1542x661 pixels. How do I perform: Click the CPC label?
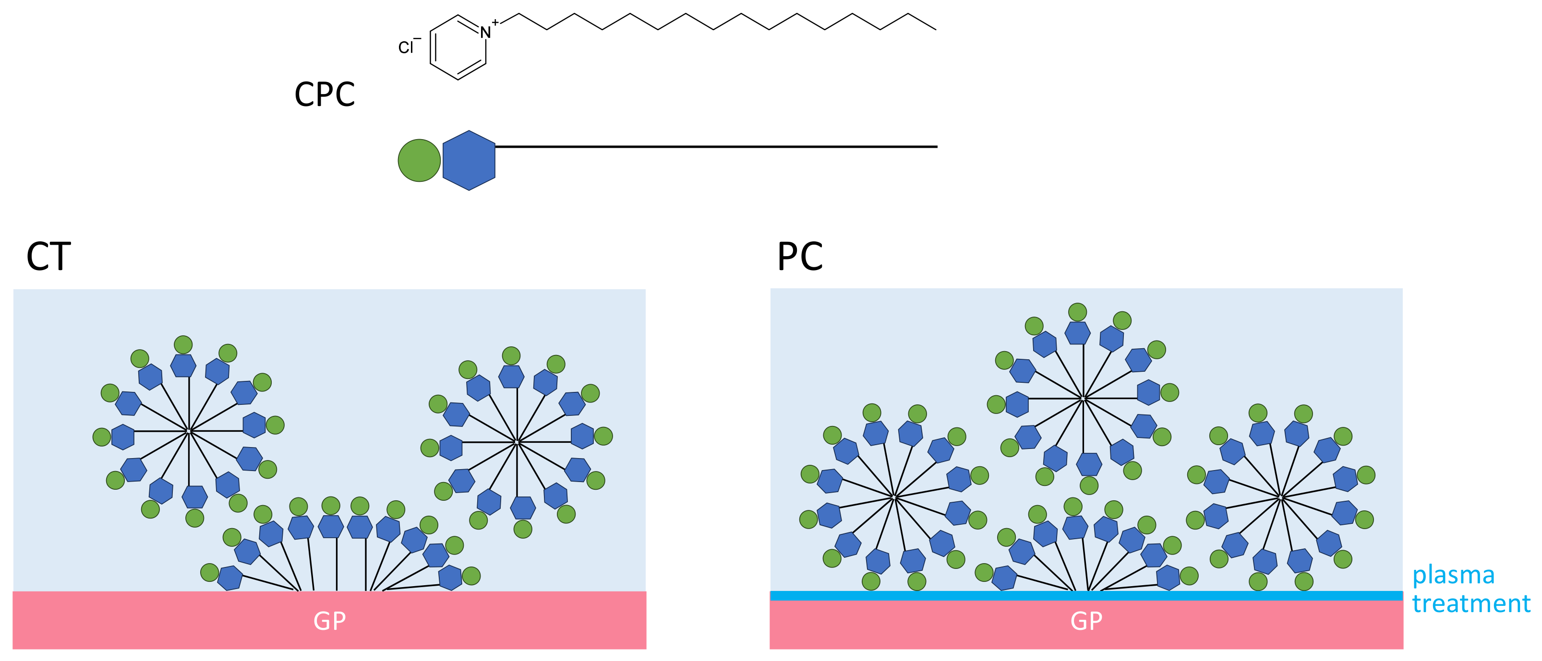point(325,94)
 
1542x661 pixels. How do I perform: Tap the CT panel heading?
point(48,257)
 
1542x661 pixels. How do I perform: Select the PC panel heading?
point(800,257)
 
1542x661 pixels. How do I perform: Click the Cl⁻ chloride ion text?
point(410,46)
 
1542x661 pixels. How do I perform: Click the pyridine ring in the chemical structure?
point(458,48)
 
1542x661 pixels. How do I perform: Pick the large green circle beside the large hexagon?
point(420,160)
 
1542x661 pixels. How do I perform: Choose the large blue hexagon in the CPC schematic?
point(469,160)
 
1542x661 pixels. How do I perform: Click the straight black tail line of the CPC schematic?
point(716,147)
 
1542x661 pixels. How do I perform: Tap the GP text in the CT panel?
point(330,621)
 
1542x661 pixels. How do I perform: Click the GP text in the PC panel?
point(1086,621)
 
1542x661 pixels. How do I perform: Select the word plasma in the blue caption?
point(1453,576)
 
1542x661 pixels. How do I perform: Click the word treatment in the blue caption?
point(1471,603)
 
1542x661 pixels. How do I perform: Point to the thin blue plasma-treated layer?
point(1086,596)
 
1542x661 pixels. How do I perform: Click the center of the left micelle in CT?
point(189,431)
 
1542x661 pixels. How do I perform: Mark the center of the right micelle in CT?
point(517,442)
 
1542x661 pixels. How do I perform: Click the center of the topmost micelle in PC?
point(1084,398)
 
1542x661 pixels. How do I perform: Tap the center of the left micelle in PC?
point(894,497)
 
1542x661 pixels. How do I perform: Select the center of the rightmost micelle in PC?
point(1280,497)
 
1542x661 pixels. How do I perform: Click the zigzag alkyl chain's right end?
point(936,29)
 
